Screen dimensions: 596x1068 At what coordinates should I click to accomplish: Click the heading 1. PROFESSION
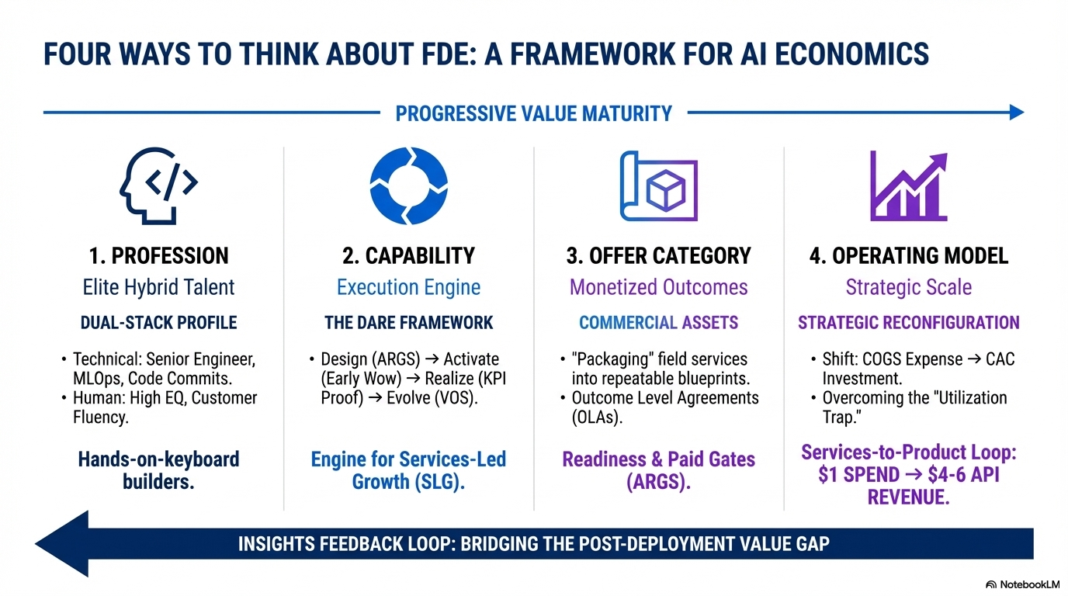tap(158, 256)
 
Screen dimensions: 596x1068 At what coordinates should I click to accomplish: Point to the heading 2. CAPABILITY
tap(408, 256)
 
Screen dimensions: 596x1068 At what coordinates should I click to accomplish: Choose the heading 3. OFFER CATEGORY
tap(659, 256)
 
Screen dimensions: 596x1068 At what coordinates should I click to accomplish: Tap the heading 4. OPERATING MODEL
tap(909, 256)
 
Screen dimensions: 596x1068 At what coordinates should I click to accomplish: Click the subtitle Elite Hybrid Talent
tap(158, 288)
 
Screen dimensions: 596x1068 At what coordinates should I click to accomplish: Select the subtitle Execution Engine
tap(408, 288)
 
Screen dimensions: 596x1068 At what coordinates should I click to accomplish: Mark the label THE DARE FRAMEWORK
tap(408, 323)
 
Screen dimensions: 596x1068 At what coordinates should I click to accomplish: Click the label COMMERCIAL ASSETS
tap(659, 323)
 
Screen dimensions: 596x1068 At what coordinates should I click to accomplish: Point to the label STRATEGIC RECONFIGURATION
tap(909, 323)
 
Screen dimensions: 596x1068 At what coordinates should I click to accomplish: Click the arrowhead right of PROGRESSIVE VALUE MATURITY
tap(1016, 113)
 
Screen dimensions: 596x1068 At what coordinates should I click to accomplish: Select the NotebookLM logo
tap(1022, 584)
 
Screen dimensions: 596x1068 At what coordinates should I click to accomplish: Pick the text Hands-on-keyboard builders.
tap(158, 470)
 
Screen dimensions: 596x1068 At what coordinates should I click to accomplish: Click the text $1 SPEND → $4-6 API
tap(909, 474)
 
